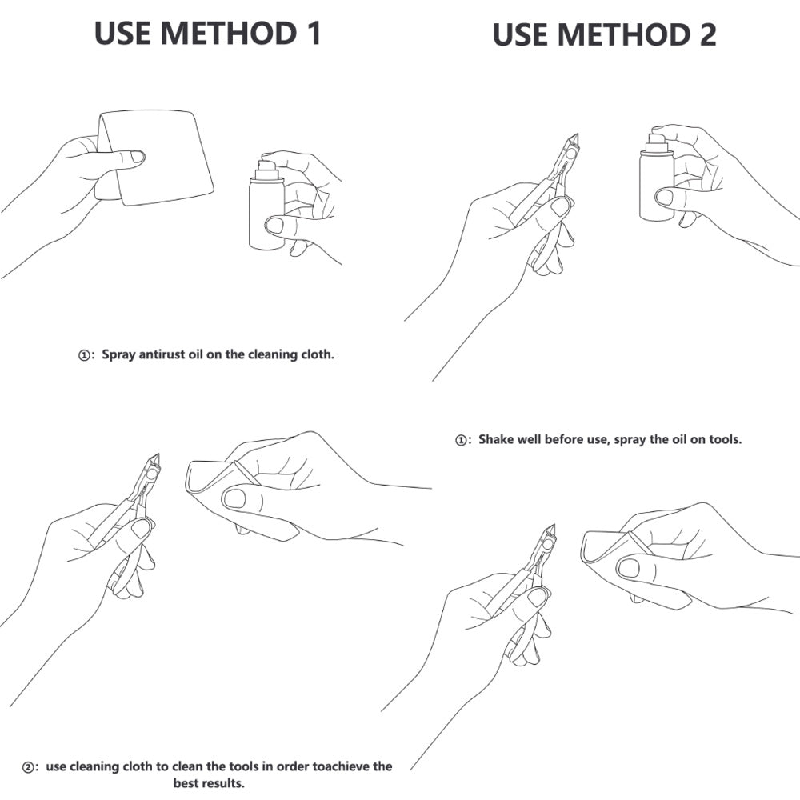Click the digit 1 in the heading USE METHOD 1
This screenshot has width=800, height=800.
pos(313,33)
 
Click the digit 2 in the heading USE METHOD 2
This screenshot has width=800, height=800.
pos(706,34)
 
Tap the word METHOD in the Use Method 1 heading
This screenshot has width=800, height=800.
pos(229,33)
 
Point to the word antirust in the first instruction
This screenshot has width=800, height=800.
pos(162,354)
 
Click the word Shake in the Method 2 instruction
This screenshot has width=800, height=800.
pos(495,439)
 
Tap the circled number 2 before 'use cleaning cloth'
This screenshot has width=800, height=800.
pos(29,767)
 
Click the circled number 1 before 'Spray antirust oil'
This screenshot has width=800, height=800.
pos(84,355)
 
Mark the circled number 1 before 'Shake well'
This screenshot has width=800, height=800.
pos(461,440)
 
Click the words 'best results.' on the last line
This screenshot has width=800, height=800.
pos(209,782)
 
